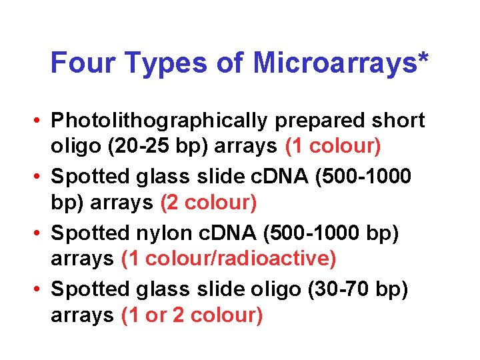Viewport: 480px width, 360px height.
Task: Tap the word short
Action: pos(399,121)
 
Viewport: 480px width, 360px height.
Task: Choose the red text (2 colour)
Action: pos(209,201)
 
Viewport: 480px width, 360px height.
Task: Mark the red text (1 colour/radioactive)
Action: pos(229,258)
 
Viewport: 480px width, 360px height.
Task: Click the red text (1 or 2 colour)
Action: pos(192,314)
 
